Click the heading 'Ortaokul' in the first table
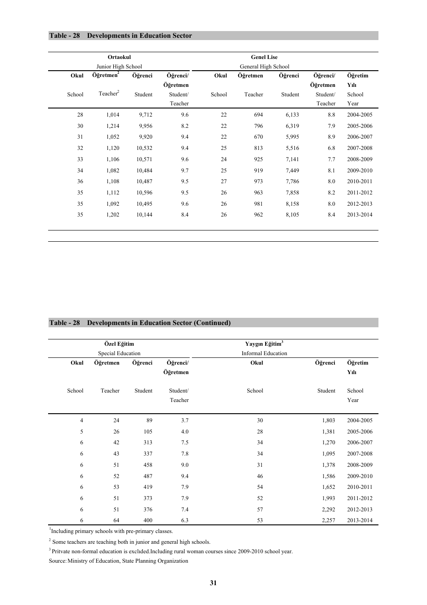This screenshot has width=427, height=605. [119, 57]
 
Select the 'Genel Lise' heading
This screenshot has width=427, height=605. [264, 57]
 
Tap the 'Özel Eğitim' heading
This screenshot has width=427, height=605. [119, 344]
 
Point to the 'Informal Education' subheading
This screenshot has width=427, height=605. [264, 353]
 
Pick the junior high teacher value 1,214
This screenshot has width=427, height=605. [113, 126]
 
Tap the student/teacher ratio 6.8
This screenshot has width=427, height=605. [331, 148]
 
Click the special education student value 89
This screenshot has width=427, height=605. [149, 420]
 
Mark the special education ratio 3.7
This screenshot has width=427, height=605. [185, 420]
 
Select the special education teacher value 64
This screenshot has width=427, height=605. [116, 520]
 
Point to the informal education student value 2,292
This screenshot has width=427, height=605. [328, 510]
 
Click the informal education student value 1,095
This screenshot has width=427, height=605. [328, 454]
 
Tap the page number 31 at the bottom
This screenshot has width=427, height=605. [213, 583]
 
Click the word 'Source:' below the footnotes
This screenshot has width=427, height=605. [58, 561]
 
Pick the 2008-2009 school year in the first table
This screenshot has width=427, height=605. [359, 159]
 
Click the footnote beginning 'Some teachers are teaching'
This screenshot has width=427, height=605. [130, 542]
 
